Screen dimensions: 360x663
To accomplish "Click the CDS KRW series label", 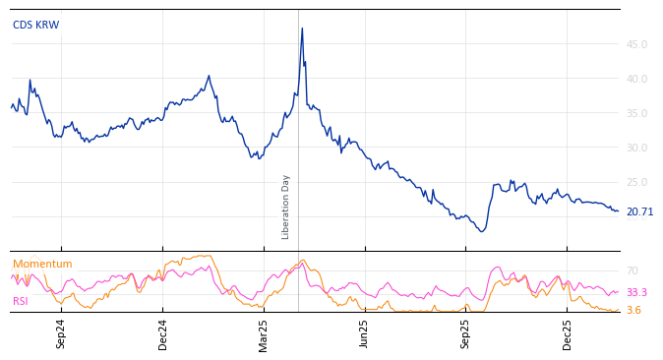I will click(x=35, y=25).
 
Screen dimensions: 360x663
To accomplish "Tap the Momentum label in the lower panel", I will click(x=42, y=265).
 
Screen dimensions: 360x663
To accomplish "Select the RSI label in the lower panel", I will click(x=21, y=301).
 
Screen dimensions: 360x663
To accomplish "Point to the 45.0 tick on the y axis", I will click(x=636, y=44).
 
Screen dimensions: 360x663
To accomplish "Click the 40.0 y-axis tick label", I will click(x=636, y=79).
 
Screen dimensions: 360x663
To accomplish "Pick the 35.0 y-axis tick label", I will click(x=636, y=113).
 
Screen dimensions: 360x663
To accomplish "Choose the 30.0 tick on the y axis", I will click(x=636, y=148).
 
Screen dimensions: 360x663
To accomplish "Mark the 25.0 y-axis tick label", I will click(x=636, y=182).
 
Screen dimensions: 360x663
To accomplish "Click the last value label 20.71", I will click(x=639, y=211).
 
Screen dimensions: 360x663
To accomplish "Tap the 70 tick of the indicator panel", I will click(x=633, y=270).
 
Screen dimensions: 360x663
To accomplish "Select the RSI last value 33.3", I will click(x=636, y=292).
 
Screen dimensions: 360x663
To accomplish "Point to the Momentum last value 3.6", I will click(x=633, y=310).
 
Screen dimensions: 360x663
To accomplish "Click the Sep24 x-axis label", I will click(x=61, y=333).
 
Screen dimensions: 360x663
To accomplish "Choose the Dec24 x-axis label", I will click(x=163, y=333).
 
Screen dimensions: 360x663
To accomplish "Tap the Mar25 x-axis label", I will click(x=264, y=333).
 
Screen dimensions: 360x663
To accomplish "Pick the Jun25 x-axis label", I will click(x=364, y=333).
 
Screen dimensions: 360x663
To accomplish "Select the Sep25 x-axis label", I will click(x=465, y=333).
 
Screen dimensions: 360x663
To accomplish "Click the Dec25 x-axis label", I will click(x=567, y=333).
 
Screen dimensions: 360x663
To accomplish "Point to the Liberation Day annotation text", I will click(x=286, y=207).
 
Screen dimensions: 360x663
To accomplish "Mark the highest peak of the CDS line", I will click(x=302, y=29).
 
